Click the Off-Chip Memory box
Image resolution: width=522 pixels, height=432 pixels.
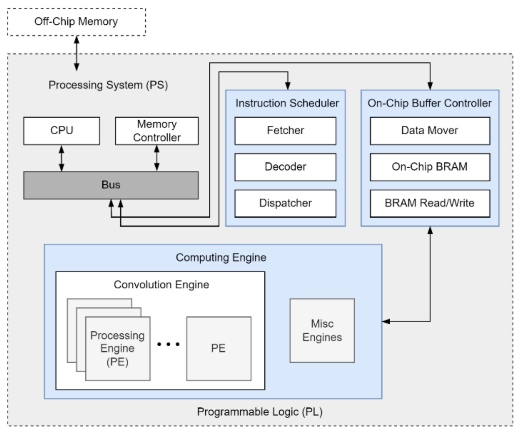coord(76,22)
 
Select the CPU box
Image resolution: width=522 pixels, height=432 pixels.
coord(61,131)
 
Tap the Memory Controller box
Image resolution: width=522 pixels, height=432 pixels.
coord(157,131)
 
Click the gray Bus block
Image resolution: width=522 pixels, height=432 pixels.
coord(111,185)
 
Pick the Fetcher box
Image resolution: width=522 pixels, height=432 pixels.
coord(285,131)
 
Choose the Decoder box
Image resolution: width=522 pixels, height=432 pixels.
coord(285,167)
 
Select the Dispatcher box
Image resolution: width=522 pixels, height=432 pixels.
coord(285,203)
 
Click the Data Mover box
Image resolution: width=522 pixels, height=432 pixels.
coord(429,131)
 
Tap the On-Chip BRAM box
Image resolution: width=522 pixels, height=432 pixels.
coord(429,167)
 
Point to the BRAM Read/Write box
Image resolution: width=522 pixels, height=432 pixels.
coord(429,203)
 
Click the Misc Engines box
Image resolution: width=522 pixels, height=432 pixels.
coord(322,330)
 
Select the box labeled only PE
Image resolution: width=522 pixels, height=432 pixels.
coord(219,348)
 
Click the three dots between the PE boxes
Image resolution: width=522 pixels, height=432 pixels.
coord(168,344)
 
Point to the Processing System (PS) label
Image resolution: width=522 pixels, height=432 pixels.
coord(108,85)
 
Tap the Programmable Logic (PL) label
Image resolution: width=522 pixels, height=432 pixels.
coord(260,412)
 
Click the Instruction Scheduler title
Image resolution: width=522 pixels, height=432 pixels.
coord(287,103)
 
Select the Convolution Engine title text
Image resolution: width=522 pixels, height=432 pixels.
coord(161,285)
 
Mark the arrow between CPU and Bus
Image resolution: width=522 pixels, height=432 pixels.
coord(61,158)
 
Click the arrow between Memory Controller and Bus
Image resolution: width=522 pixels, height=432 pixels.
coord(157,158)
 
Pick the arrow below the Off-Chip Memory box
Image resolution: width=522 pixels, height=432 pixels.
coord(77,53)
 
